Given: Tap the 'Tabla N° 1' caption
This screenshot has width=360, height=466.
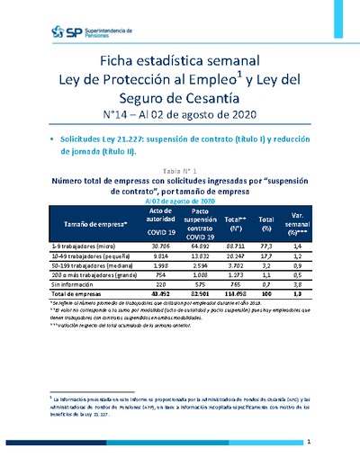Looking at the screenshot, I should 178,170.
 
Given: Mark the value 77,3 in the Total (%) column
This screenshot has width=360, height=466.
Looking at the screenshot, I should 266,245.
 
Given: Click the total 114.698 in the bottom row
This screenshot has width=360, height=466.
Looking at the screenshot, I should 233,295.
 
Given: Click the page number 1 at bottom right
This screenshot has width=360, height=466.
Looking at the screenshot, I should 309,442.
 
